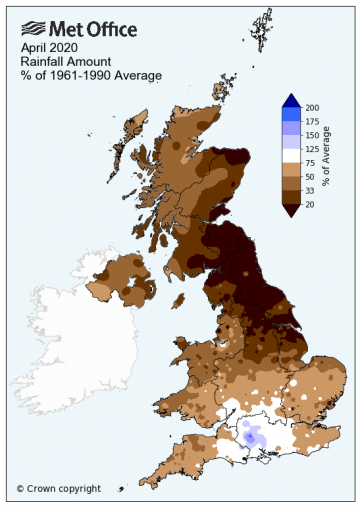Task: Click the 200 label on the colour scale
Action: tap(312, 107)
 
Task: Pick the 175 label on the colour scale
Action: tap(312, 121)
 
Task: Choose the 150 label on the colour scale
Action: tap(312, 135)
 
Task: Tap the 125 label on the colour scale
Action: tap(312, 148)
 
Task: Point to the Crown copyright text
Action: tap(59, 488)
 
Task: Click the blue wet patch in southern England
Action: tap(249, 437)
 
